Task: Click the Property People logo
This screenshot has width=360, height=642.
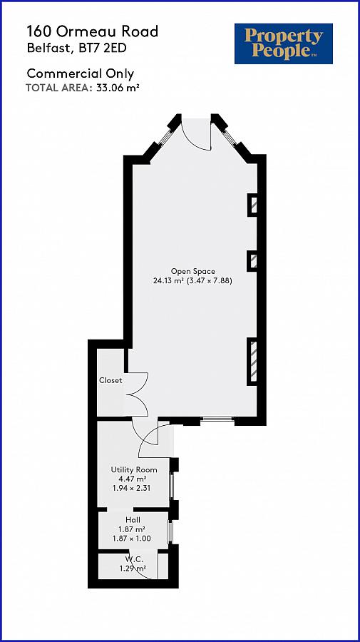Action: [284, 43]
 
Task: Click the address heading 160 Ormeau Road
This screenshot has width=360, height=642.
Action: [93, 31]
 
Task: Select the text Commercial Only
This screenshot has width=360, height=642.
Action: [80, 73]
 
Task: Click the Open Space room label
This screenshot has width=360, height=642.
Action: [192, 271]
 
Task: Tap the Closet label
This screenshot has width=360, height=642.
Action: [110, 380]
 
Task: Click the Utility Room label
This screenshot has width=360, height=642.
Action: [133, 469]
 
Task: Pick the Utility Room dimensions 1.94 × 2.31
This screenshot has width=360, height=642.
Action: [134, 489]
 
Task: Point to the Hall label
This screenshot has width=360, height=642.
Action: [133, 520]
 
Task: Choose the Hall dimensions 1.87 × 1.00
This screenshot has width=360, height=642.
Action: [134, 539]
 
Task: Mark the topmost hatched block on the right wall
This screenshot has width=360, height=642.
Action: [253, 205]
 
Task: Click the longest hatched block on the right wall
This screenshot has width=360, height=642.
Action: [253, 362]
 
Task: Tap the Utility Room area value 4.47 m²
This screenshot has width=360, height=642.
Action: [134, 479]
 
